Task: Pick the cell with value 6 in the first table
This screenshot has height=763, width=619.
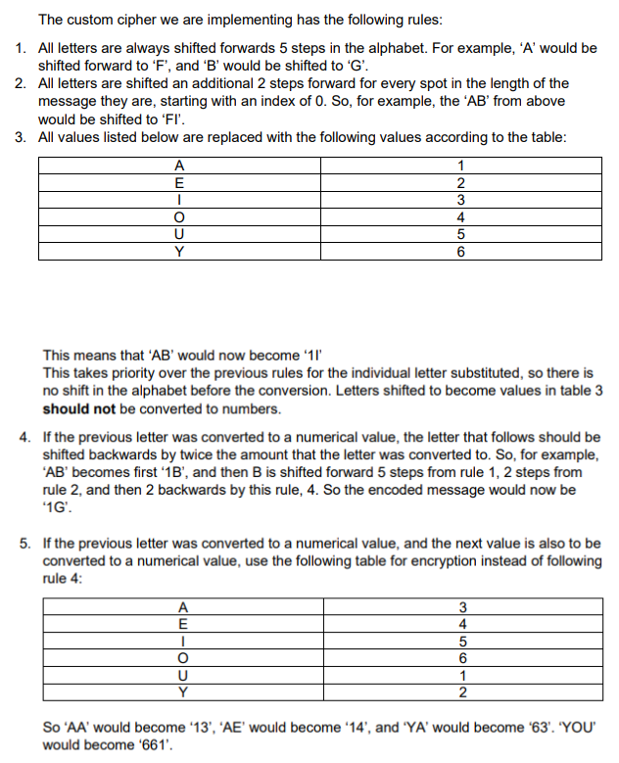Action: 459,252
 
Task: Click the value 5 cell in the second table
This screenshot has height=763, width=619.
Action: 459,642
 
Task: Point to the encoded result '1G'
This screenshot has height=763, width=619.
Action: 56,507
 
